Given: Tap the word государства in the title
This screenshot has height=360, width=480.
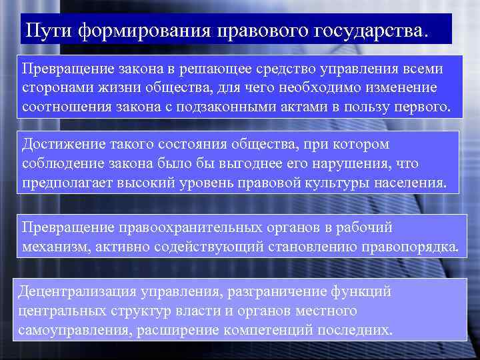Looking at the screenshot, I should point(364,31).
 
